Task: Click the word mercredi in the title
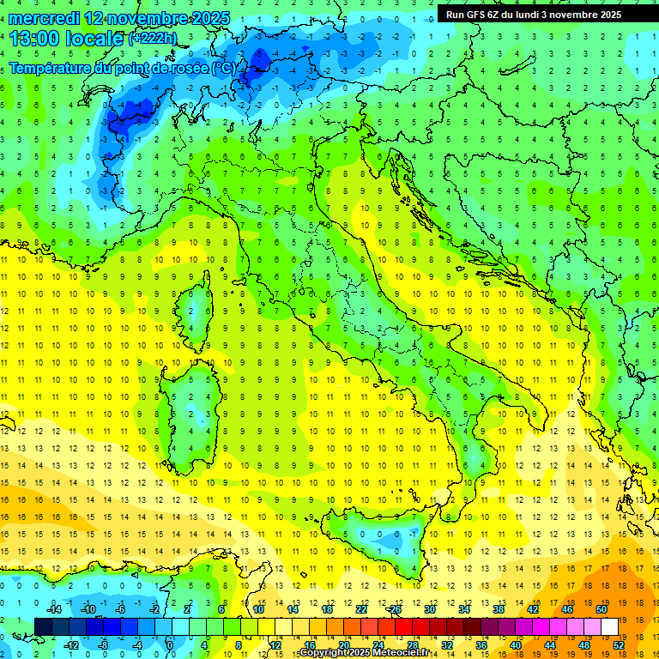click(x=45, y=18)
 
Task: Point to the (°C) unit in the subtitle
click(x=222, y=68)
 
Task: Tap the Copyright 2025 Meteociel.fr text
click(x=364, y=653)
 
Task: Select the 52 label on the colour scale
click(x=619, y=645)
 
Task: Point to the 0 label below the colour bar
click(x=170, y=645)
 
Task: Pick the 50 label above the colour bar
click(x=601, y=609)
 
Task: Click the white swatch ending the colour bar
click(x=609, y=626)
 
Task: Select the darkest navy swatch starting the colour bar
click(x=44, y=626)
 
